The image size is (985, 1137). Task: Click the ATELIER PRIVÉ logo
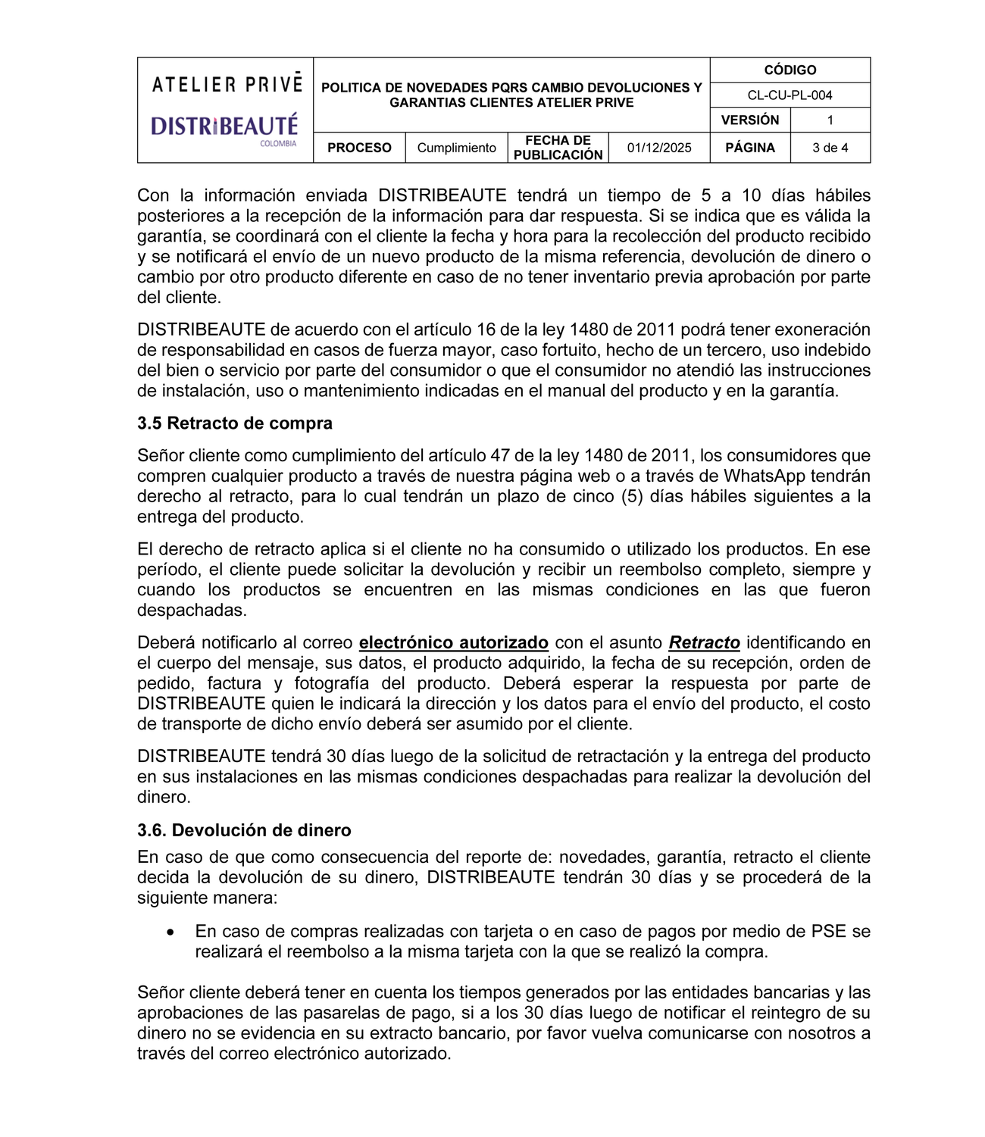pos(227,84)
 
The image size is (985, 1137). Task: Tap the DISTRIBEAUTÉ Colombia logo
pos(224,127)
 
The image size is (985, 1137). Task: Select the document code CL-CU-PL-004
pos(790,95)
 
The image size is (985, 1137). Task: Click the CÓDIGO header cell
pos(790,70)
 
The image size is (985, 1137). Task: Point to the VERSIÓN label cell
pos(749,120)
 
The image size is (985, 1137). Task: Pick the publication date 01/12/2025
pos(659,148)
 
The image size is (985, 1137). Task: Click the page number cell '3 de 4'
pos(830,148)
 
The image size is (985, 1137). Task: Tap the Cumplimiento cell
pos(456,148)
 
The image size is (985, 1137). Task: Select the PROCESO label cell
pos(359,148)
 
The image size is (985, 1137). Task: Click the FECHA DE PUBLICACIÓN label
pos(558,148)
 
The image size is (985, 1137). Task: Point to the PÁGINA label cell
pos(749,148)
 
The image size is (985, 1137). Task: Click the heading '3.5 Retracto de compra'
pos(235,423)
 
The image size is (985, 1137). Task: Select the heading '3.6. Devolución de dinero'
pos(244,830)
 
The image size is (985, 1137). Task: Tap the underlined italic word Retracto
pos(704,643)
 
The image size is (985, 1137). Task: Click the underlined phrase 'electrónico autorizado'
pos(453,643)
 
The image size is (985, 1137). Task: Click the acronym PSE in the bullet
pos(828,932)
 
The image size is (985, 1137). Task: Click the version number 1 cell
pos(830,120)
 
